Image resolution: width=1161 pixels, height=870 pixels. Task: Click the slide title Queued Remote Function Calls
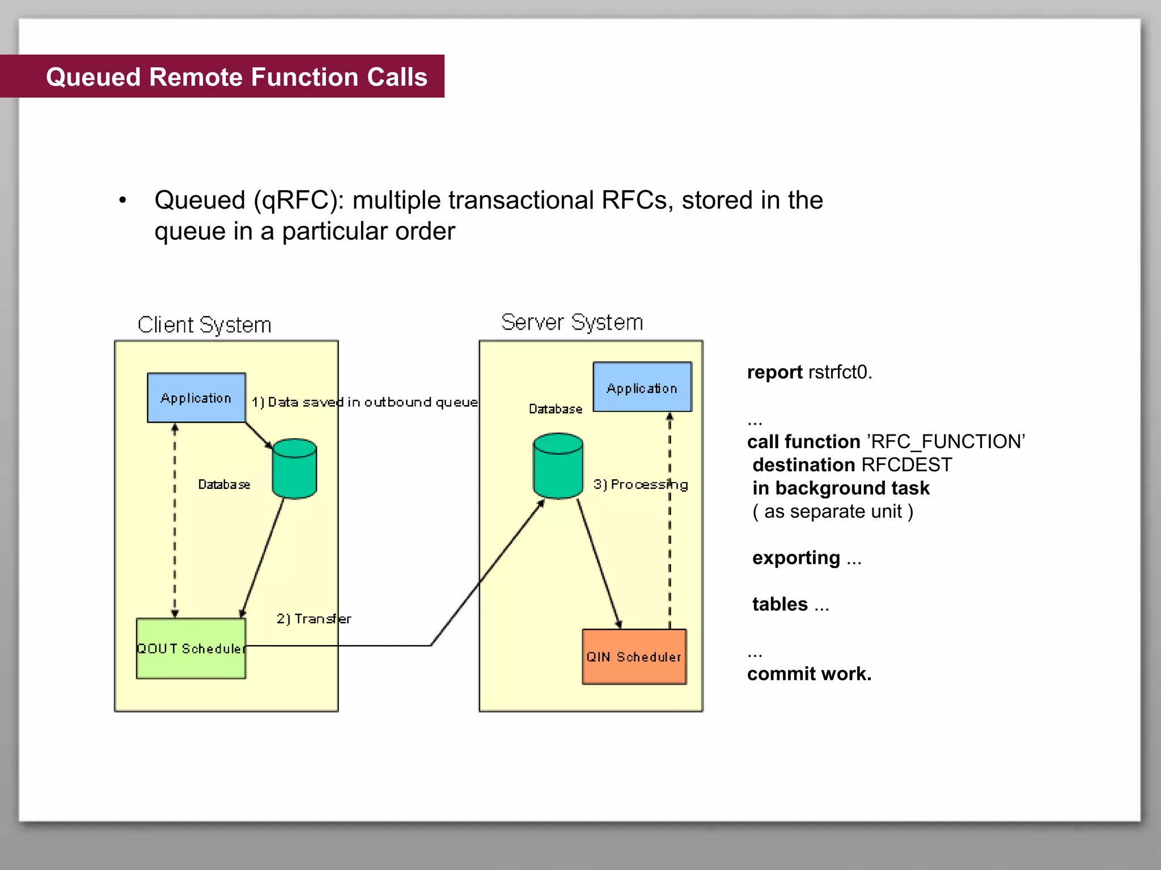coord(236,77)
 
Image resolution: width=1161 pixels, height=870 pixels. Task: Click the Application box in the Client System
coord(196,398)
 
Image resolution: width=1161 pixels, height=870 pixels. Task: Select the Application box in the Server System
coord(642,387)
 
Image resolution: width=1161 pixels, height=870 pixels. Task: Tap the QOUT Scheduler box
coord(191,649)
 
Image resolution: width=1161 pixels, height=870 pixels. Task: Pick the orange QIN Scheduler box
coord(634,656)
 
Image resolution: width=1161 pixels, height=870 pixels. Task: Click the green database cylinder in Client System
coord(294,469)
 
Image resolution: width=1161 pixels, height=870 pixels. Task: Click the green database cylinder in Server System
coord(558,466)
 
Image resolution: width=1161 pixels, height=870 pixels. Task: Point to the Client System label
coord(204,325)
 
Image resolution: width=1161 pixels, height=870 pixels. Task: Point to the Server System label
coord(572,322)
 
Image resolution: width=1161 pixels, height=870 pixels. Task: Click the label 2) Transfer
coord(313,619)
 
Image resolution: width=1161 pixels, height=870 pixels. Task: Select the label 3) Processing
coord(641,485)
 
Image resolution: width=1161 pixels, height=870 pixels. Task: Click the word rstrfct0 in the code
coord(840,372)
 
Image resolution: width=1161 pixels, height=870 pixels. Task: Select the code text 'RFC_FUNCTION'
coord(946,441)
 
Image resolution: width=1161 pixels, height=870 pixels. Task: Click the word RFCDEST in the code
coord(906,464)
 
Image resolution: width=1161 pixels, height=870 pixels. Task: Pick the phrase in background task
coord(841,488)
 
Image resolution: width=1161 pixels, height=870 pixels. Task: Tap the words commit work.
coord(809,673)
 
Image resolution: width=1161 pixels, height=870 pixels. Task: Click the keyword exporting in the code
coord(796,557)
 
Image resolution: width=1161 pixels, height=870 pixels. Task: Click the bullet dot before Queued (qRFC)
coord(122,201)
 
